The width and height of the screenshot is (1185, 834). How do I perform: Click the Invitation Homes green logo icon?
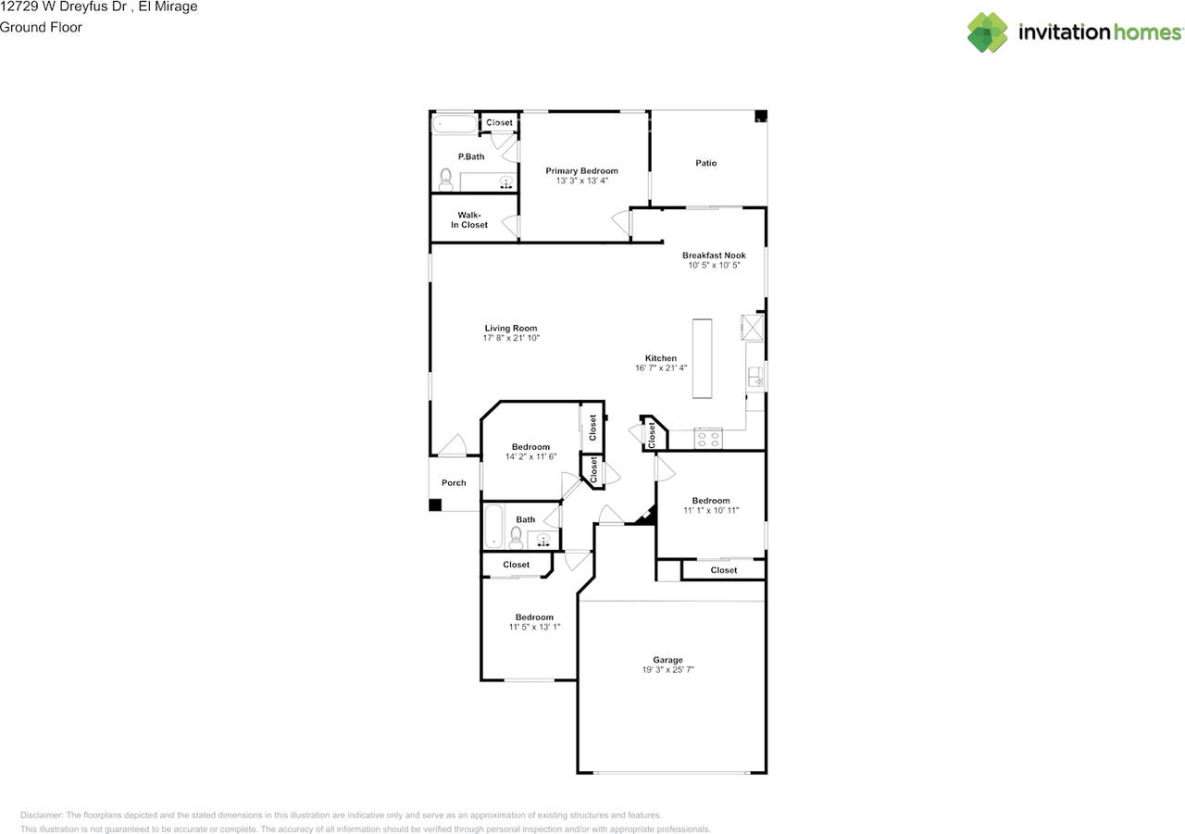tap(987, 32)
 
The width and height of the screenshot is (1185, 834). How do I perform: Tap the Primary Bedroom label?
tap(581, 171)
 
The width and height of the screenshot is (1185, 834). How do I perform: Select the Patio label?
tap(705, 163)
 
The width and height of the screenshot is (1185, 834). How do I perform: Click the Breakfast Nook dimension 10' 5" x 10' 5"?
tap(714, 265)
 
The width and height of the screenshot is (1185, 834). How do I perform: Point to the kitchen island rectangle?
tap(702, 358)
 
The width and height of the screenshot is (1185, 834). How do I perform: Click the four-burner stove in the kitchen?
tap(708, 439)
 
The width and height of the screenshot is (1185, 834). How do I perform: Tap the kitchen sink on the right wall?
tap(755, 377)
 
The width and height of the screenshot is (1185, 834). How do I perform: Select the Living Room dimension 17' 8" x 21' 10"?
tap(511, 338)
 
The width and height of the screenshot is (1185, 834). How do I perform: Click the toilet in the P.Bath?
tap(446, 180)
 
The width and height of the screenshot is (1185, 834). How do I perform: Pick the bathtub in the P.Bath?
tap(455, 124)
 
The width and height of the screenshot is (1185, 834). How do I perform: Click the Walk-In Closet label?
tap(469, 220)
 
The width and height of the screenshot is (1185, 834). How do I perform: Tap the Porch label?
tap(454, 483)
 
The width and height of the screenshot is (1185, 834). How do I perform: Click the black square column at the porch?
tap(435, 505)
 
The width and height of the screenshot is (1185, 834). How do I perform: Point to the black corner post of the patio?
tap(761, 116)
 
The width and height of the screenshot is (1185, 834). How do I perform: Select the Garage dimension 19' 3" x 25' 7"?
tap(667, 669)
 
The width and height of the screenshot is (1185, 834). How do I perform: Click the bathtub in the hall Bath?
tap(493, 526)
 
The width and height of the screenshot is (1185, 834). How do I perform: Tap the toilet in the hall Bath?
tap(516, 538)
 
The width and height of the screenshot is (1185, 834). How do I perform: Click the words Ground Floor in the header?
tap(41, 28)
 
